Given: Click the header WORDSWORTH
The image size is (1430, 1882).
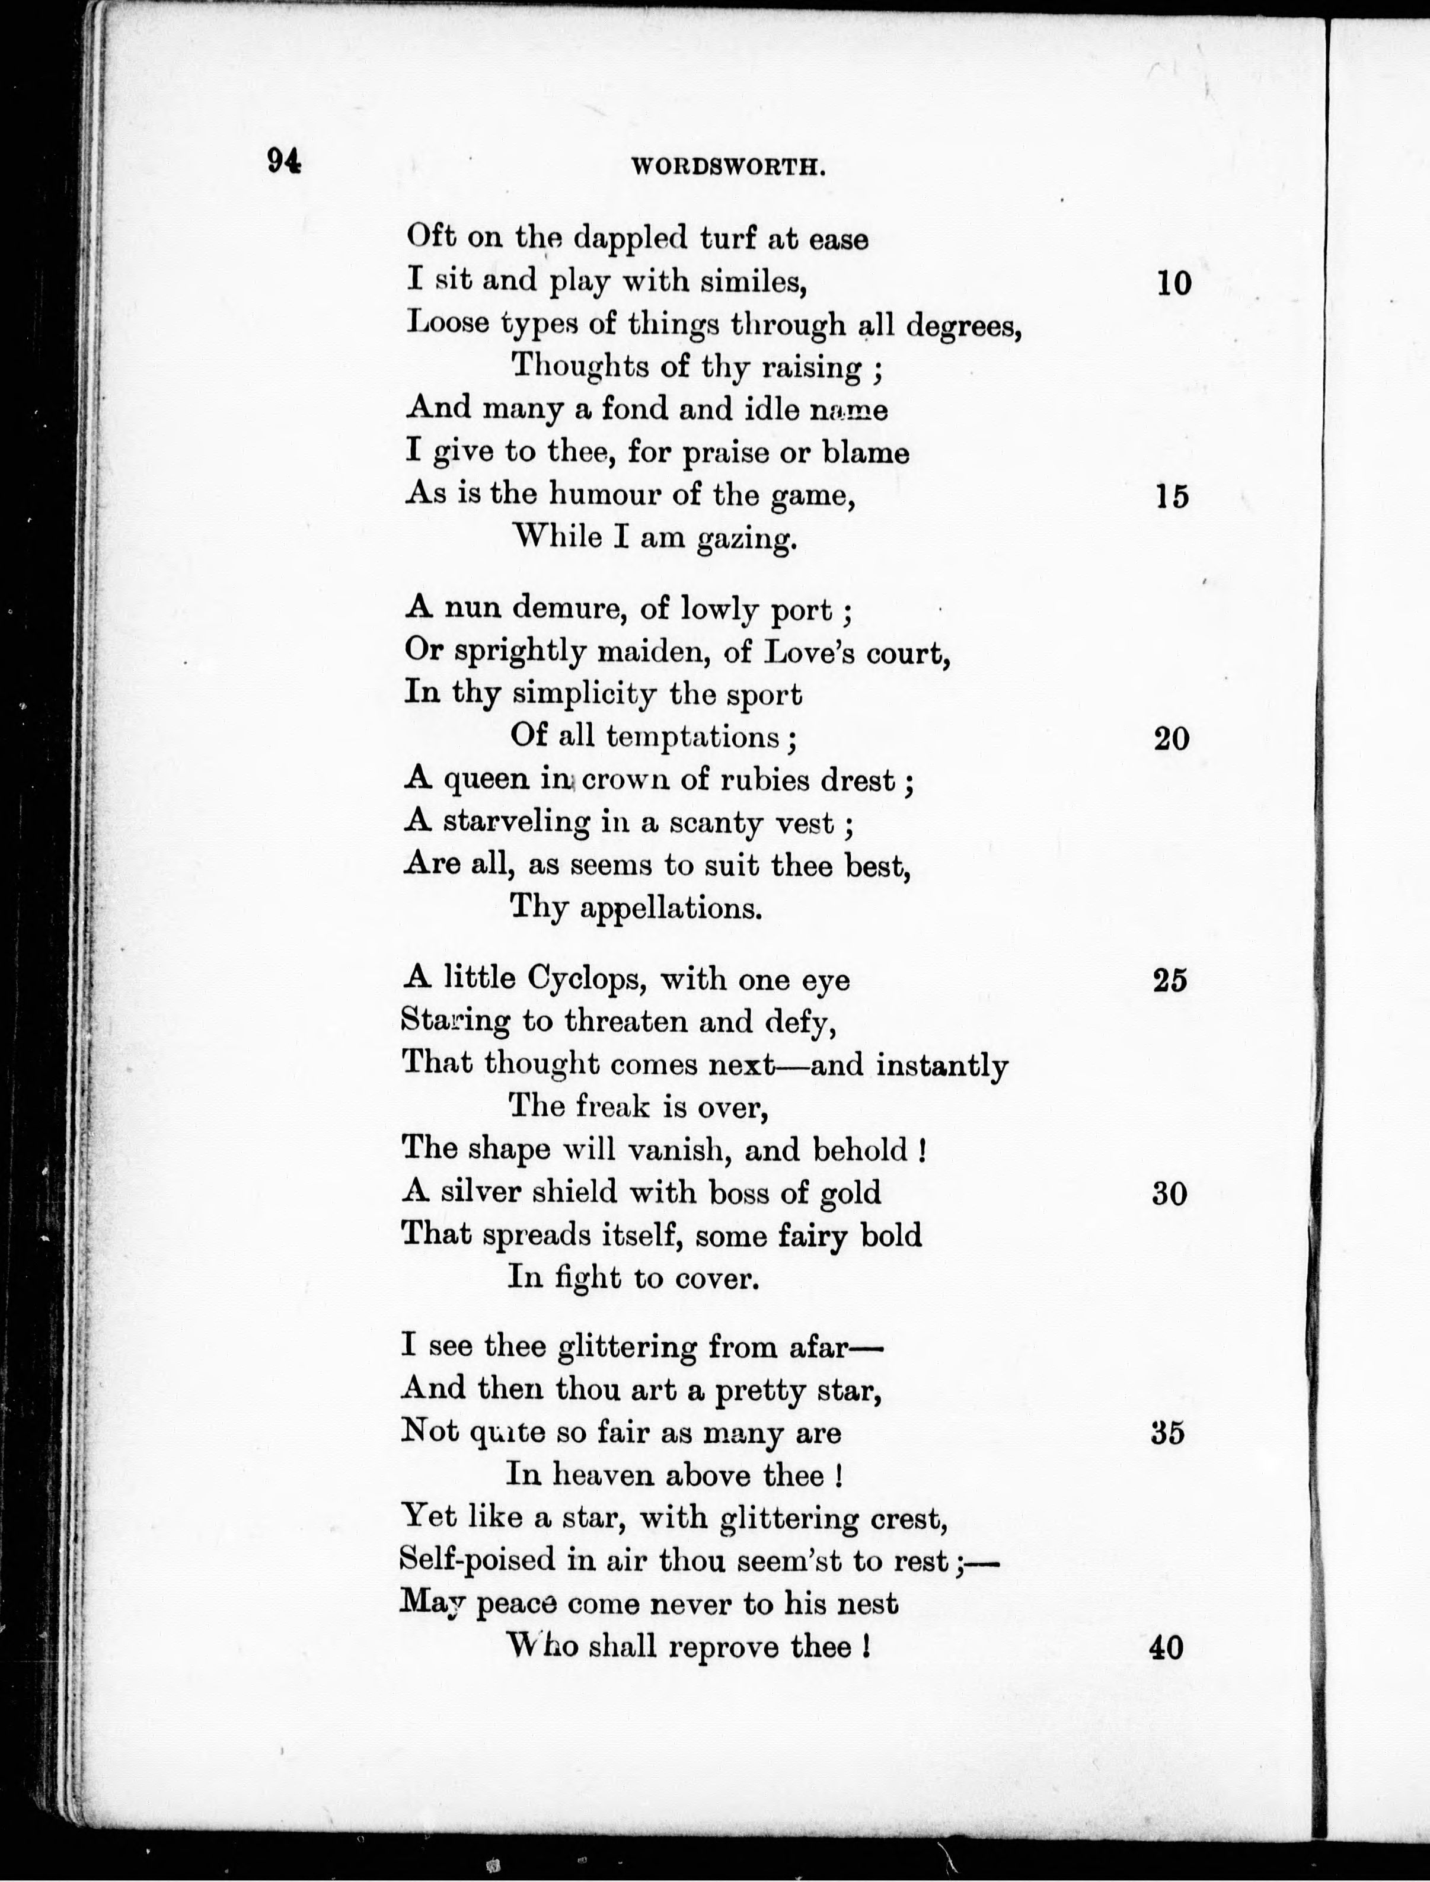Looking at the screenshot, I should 729,168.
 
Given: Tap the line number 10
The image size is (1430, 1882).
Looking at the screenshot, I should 1174,283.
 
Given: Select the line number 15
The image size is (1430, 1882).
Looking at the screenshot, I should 1172,497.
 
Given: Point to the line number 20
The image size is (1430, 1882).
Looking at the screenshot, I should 1172,738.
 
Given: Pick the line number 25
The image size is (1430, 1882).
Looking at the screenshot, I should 1170,980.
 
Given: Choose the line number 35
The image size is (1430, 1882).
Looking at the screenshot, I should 1168,1433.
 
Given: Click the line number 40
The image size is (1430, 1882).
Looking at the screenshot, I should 1166,1648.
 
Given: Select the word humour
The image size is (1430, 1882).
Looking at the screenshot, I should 604,494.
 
